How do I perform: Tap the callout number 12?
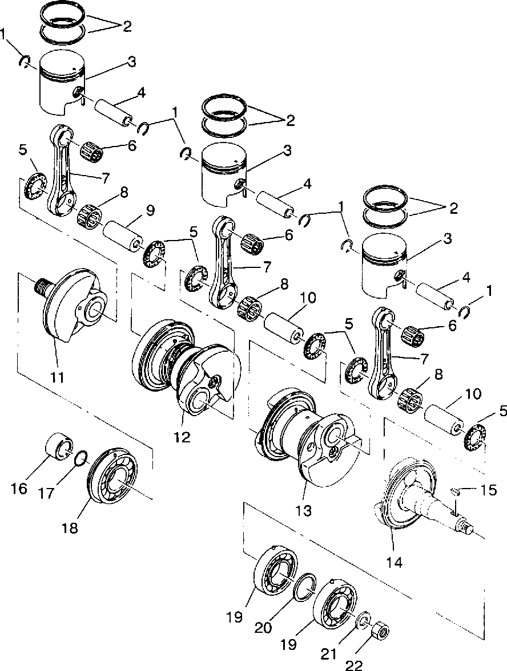tap(182, 438)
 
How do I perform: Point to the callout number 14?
tap(394, 562)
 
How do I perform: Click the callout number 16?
tap(20, 488)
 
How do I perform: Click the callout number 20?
tap(264, 627)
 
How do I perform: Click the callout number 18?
tap(70, 528)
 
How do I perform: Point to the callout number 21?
tap(329, 651)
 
